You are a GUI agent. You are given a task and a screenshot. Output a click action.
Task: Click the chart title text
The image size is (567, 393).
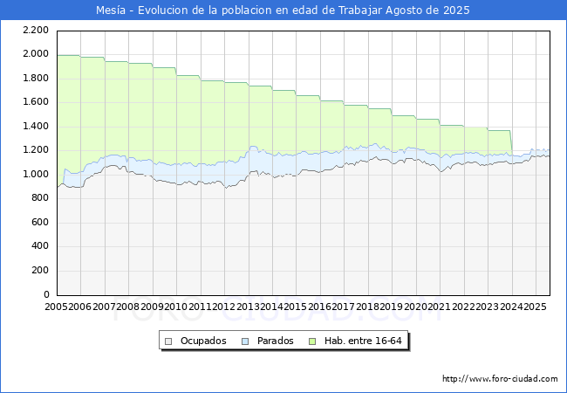pyautogui.click(x=283, y=10)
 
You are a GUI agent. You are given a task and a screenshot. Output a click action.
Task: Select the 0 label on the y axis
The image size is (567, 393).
pyautogui.click(x=45, y=294)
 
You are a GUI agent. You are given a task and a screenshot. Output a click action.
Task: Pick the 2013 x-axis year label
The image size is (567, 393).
pyautogui.click(x=248, y=307)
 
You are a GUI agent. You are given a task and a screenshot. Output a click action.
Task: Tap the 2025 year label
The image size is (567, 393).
pyautogui.click(x=535, y=307)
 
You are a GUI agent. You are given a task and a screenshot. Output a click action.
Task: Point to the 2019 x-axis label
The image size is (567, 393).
pyautogui.click(x=391, y=307)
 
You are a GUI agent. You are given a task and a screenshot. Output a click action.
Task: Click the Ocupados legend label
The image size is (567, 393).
pyautogui.click(x=203, y=341)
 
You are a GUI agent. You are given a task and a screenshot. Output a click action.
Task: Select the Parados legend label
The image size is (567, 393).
pyautogui.click(x=275, y=341)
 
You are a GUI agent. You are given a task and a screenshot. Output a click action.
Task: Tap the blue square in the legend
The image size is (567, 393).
pyautogui.click(x=246, y=341)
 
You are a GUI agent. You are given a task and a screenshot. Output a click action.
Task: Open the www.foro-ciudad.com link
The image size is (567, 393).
pyautogui.click(x=500, y=379)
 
